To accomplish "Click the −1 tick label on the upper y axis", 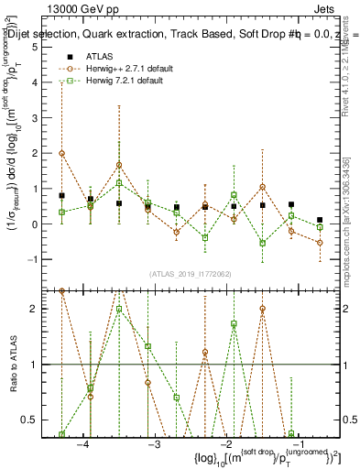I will click(34, 259).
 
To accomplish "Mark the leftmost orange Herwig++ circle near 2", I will click(61, 153).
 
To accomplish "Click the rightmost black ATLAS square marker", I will click(320, 220).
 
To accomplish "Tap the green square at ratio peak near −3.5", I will click(119, 309).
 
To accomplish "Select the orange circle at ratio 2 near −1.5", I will click(262, 309).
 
